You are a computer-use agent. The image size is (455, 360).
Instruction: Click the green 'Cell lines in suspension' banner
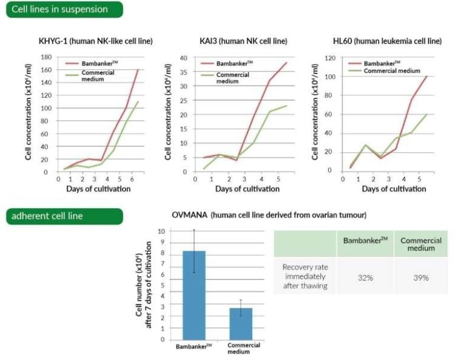(x=64, y=9)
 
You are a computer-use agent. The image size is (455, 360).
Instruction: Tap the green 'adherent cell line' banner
(x=64, y=216)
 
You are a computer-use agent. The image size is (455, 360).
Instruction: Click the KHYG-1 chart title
(x=95, y=41)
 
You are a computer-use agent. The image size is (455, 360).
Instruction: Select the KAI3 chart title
(x=243, y=41)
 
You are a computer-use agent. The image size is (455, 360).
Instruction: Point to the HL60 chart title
(x=387, y=41)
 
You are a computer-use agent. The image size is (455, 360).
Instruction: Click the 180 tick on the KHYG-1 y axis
(x=46, y=57)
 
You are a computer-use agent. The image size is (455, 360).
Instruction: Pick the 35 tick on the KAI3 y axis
(x=183, y=72)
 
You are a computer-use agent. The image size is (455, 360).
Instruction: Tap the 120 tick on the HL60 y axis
(x=330, y=58)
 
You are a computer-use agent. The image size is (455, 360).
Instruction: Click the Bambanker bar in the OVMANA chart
(x=194, y=295)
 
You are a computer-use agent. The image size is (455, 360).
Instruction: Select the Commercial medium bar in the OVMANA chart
(x=241, y=324)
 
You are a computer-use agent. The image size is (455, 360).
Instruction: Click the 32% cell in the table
(x=365, y=277)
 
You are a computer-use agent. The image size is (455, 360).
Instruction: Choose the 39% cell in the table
(x=421, y=277)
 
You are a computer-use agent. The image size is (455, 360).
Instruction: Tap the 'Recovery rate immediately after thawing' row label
(x=305, y=276)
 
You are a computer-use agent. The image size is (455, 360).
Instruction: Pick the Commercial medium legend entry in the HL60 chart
(x=385, y=71)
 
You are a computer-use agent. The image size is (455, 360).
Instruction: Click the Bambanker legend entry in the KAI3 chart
(x=227, y=63)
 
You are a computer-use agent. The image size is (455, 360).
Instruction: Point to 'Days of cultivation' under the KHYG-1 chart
(x=98, y=189)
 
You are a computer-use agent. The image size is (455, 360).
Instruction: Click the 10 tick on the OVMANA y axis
(x=161, y=231)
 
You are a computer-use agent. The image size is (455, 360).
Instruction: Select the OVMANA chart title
(x=269, y=215)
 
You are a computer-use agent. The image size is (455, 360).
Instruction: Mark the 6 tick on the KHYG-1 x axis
(x=132, y=179)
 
